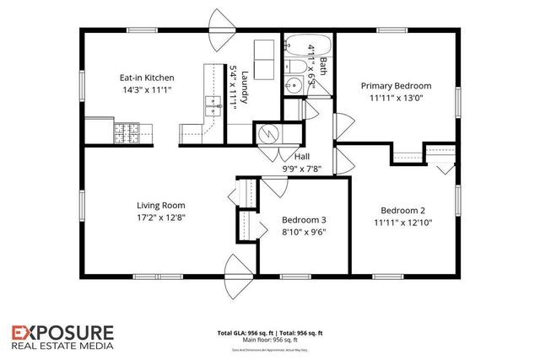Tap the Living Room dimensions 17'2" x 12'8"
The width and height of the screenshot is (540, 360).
click(161, 218)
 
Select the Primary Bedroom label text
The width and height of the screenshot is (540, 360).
click(396, 86)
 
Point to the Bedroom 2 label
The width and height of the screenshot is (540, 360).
click(402, 211)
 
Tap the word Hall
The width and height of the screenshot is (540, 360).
click(303, 157)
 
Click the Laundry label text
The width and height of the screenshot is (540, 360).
click(245, 71)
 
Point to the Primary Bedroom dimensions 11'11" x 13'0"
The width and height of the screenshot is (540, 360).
click(396, 99)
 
